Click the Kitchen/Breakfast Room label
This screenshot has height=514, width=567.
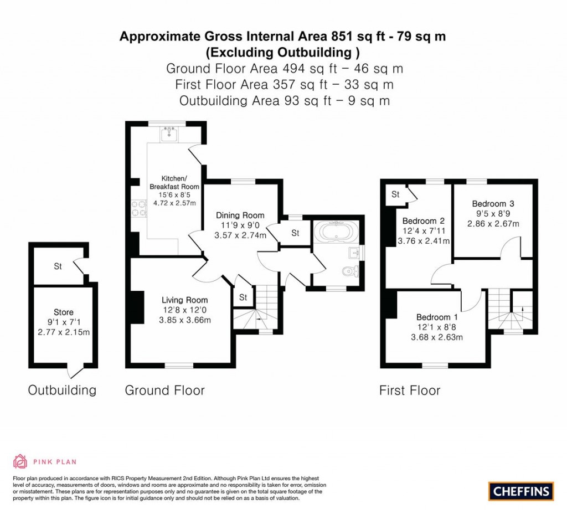click(x=174, y=182)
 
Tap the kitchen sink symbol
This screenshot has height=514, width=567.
click(x=169, y=134)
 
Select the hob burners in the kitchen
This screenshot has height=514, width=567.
click(x=139, y=209)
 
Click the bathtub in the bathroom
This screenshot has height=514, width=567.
click(x=336, y=231)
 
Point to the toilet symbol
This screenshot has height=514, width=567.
click(x=350, y=270)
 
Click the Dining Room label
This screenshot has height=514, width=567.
click(x=240, y=215)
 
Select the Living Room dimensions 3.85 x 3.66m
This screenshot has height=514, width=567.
click(x=185, y=320)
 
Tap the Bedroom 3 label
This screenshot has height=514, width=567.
click(x=493, y=204)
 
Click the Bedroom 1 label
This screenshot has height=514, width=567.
click(x=437, y=317)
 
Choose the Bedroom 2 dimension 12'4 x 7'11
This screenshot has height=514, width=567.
click(x=424, y=231)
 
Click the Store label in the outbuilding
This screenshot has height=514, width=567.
click(x=64, y=312)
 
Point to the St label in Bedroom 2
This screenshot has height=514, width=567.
click(x=395, y=194)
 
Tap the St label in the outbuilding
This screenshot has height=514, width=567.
click(x=58, y=266)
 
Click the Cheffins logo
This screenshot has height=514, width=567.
click(x=520, y=491)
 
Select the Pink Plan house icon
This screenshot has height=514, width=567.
click(x=20, y=461)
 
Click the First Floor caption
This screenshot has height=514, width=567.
click(x=410, y=390)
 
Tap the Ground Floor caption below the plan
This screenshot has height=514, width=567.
click(x=165, y=390)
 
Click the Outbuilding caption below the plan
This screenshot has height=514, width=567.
click(x=62, y=390)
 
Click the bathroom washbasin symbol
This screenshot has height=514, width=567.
click(x=354, y=253)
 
